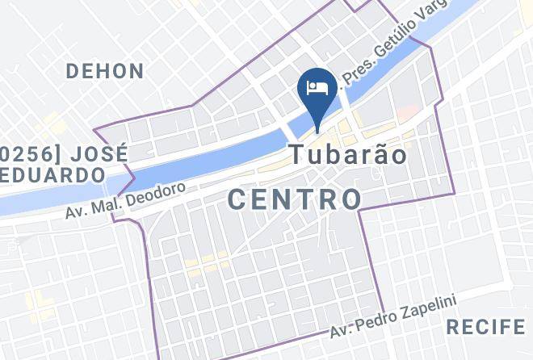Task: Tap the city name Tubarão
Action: click(348, 153)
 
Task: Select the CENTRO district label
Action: click(295, 198)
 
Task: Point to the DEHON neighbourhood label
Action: click(105, 71)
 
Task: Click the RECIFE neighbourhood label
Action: click(485, 327)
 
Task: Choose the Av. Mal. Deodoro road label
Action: click(126, 201)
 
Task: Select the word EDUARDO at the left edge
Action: click(52, 174)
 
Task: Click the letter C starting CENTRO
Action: click(237, 199)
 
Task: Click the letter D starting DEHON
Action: click(73, 71)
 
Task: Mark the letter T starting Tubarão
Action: click(296, 153)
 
